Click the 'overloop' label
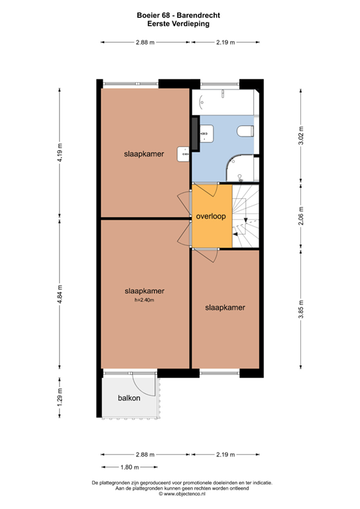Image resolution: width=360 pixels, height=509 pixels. (211, 217)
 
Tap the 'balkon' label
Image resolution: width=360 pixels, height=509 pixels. (129, 398)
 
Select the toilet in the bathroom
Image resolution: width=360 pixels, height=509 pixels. (246, 131)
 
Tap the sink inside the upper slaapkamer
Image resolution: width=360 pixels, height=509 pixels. (183, 154)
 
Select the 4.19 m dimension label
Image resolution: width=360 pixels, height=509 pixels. (59, 154)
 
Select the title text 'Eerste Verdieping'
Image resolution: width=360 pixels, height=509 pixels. (180, 23)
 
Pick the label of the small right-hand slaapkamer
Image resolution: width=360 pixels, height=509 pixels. (225, 308)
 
